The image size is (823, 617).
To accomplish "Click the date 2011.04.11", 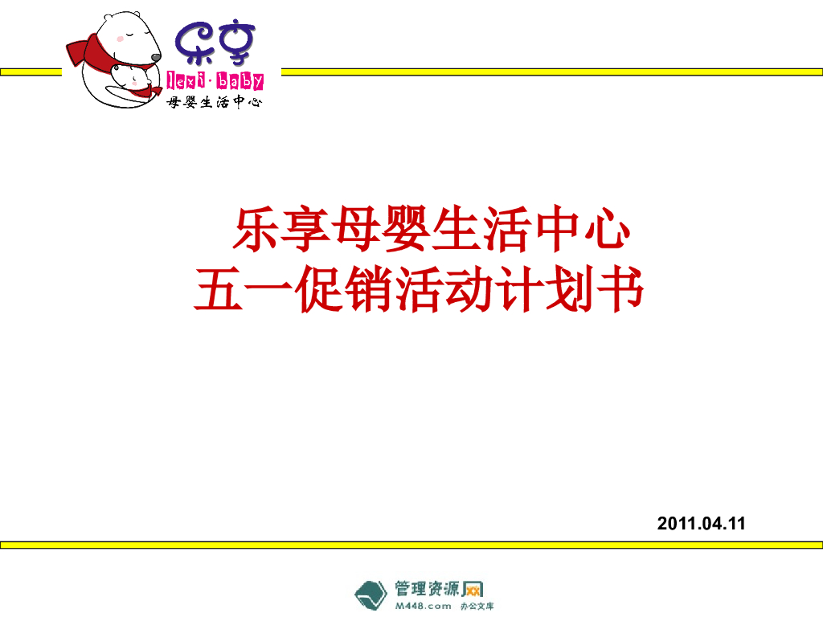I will click(x=701, y=524).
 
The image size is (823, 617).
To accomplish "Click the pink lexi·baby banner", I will click(x=215, y=79).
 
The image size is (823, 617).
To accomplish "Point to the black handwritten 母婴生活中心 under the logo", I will click(x=214, y=102).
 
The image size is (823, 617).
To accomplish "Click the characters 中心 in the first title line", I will click(x=580, y=231).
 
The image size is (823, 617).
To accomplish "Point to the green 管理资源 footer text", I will click(x=427, y=588).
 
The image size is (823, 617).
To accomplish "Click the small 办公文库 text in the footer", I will click(x=477, y=607).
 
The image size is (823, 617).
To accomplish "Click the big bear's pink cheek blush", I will click(x=121, y=38).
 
